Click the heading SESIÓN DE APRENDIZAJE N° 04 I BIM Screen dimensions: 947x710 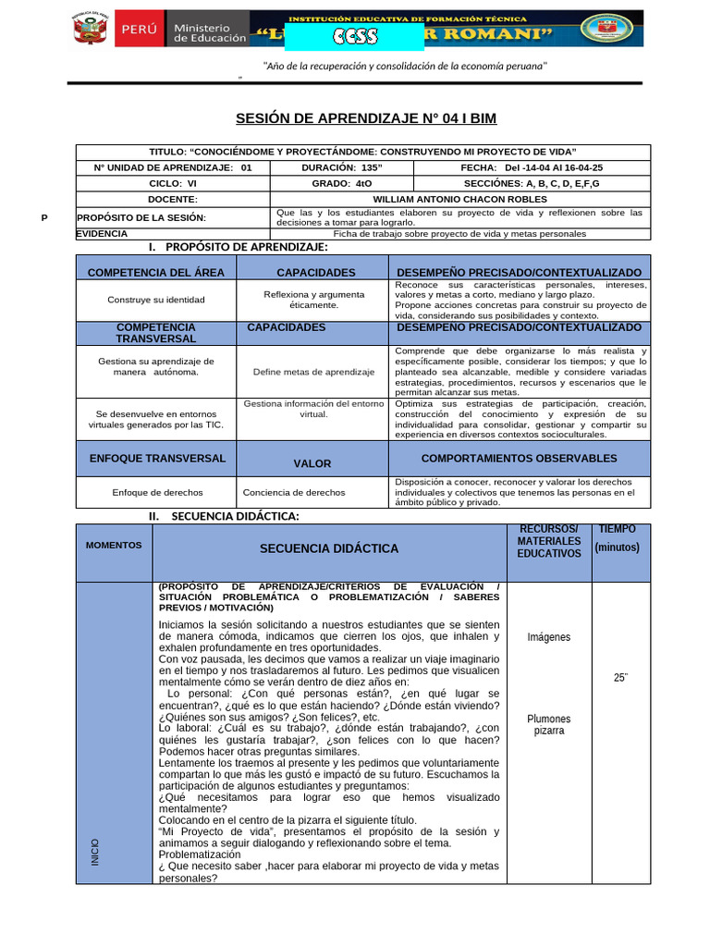pyautogui.click(x=367, y=117)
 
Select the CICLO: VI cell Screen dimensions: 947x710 pyautogui.click(x=173, y=183)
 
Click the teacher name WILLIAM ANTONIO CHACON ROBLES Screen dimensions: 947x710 pyautogui.click(x=459, y=199)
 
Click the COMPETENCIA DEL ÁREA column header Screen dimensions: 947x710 pyautogui.click(x=156, y=273)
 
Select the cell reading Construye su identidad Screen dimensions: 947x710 pyautogui.click(x=156, y=300)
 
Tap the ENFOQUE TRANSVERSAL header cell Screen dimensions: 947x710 pyautogui.click(x=156, y=459)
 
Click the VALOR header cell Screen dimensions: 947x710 pyautogui.click(x=312, y=463)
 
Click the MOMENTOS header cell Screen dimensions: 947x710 pyautogui.click(x=114, y=546)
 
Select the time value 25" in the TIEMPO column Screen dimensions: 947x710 pyautogui.click(x=620, y=678)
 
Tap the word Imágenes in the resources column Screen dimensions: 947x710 pyautogui.click(x=549, y=637)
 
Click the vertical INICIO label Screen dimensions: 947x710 pyautogui.click(x=95, y=851)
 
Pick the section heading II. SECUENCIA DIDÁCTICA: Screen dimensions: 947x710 pyautogui.click(x=225, y=516)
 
